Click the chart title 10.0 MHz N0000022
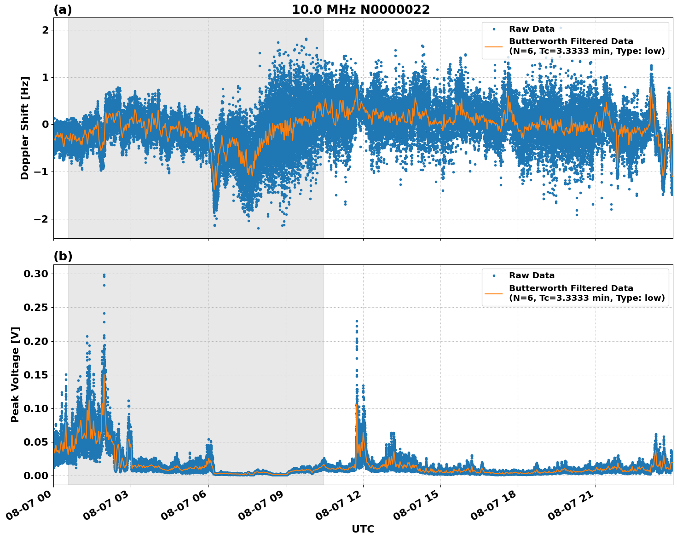click(360, 10)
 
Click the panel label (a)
click(63, 10)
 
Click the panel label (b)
click(63, 257)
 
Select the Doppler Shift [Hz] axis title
click(25, 128)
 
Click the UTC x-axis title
click(363, 529)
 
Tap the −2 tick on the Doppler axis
click(41, 219)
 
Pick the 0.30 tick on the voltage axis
click(35, 274)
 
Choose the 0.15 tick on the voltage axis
click(35, 375)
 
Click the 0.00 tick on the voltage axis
click(35, 476)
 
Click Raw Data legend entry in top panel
click(532, 29)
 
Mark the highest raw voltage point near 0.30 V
click(104, 275)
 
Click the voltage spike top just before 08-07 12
click(357, 321)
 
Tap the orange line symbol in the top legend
click(494, 46)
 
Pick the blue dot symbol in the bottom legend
click(494, 276)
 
